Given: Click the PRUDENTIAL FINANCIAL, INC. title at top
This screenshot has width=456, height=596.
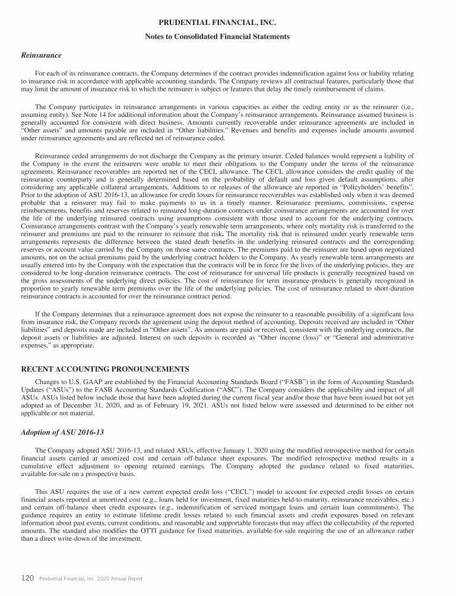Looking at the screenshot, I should point(227,23).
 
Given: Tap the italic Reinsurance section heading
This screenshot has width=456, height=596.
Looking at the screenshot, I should point(41,55).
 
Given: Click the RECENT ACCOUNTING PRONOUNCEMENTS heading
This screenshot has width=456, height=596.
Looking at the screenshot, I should point(105,369).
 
